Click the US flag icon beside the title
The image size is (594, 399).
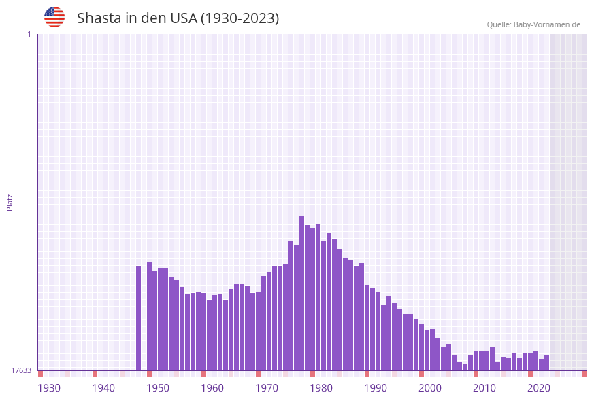click(x=54, y=17)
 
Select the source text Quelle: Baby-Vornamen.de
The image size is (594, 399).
click(x=533, y=24)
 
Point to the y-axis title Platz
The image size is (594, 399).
click(x=10, y=202)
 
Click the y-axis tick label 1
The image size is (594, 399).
click(x=29, y=34)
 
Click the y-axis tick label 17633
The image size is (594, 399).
click(x=21, y=370)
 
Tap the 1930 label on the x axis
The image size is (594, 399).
click(x=49, y=387)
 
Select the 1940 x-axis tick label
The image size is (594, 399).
click(x=103, y=387)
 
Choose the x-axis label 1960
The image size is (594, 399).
click(x=212, y=387)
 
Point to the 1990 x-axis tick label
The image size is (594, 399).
click(x=376, y=387)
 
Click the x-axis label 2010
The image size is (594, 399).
click(x=484, y=387)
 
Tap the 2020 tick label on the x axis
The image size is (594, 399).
click(x=539, y=387)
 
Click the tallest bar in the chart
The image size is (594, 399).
click(x=301, y=293)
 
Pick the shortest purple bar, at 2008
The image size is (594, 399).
click(x=465, y=367)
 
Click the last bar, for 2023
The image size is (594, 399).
click(x=547, y=362)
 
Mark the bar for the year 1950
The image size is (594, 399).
click(x=150, y=316)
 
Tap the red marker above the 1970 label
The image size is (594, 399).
click(x=259, y=374)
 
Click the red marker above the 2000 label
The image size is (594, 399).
click(x=422, y=374)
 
